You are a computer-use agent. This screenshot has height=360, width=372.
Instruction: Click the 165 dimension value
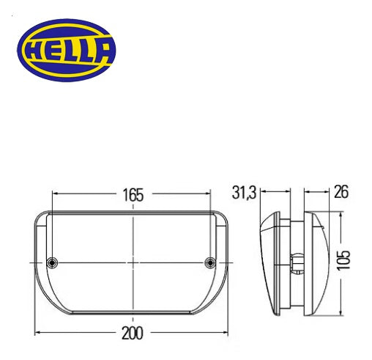click(133, 195)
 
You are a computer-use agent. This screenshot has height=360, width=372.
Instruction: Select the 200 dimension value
click(133, 334)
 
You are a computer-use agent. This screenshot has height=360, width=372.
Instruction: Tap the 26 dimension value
click(340, 193)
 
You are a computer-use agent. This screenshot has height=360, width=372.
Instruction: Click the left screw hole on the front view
click(51, 262)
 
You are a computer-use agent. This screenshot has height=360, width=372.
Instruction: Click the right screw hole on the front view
click(211, 262)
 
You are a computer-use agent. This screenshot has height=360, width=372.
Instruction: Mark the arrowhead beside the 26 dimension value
click(308, 193)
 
